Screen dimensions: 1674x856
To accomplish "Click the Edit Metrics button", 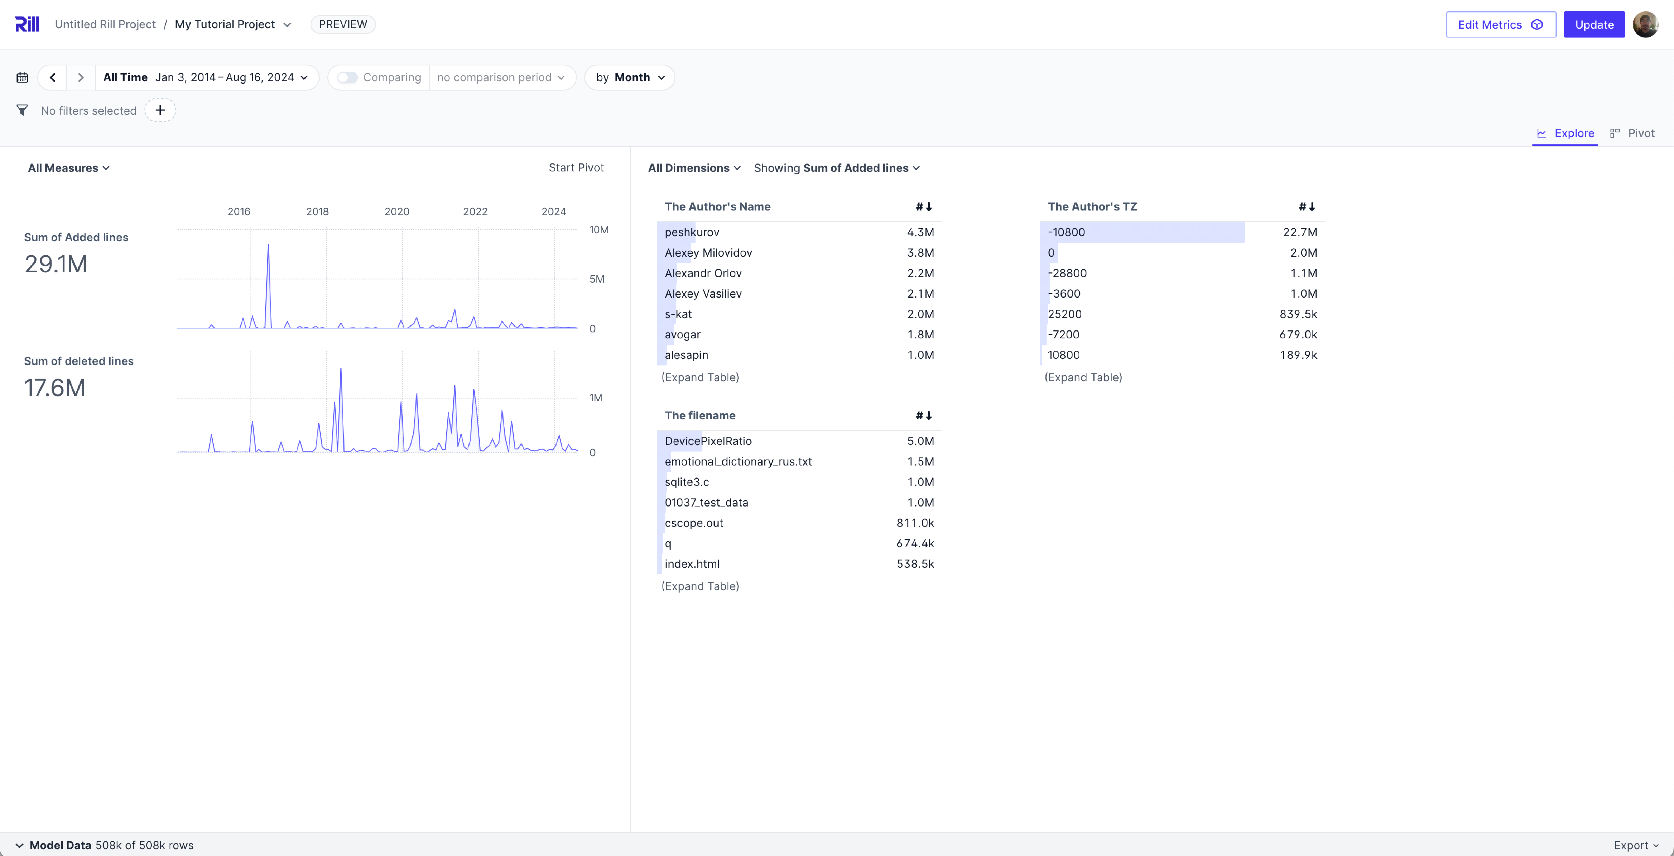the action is point(1501,25).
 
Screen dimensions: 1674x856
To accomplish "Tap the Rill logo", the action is point(27,24).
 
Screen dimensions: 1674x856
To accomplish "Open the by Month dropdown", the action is point(630,77).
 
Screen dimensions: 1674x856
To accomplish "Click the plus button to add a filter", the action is point(160,110).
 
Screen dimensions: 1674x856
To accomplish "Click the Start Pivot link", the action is point(576,168).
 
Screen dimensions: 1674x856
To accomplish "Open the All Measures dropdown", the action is point(68,168).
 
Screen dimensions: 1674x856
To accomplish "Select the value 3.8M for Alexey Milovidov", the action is point(920,253).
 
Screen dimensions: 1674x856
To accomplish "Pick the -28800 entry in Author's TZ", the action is point(1067,273).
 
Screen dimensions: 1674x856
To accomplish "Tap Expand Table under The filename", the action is point(700,586).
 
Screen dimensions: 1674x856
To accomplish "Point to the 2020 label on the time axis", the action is point(396,212).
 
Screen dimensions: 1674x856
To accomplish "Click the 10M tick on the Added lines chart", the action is point(598,230).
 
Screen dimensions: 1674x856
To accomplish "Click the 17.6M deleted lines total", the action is point(55,388).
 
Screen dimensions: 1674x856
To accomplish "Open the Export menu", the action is point(1636,845).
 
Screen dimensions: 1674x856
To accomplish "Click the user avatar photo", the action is point(1645,25).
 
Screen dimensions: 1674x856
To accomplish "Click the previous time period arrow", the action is point(53,77).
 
